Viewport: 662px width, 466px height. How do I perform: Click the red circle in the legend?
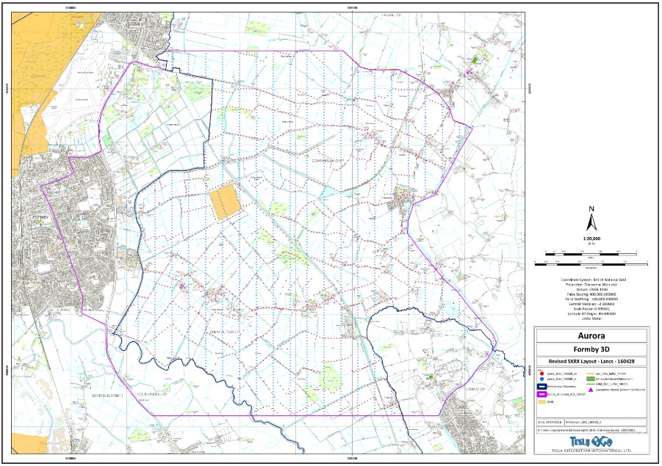point(542,374)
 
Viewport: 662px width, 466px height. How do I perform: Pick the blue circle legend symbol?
point(542,379)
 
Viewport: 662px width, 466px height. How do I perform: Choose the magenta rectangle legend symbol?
point(542,394)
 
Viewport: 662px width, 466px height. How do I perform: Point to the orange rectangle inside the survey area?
point(224,202)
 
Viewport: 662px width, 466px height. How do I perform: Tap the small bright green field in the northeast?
point(475,60)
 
